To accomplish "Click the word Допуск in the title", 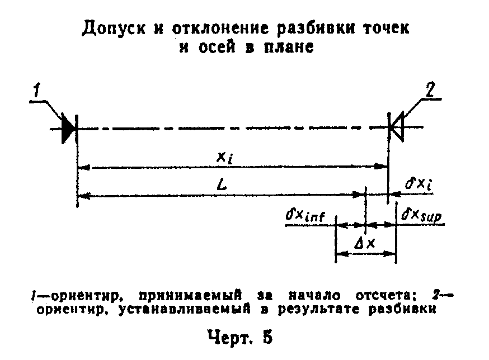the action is coord(114,29).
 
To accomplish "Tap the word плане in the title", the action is coord(289,48).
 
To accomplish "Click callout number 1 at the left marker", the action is coord(37,91).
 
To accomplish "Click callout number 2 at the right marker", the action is coord(430,90).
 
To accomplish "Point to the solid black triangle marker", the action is coord(68,128).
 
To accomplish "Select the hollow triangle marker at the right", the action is coord(397,127).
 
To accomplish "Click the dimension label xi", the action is coord(225,158).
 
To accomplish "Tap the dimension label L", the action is coord(222,184).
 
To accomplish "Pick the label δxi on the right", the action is coord(419,184).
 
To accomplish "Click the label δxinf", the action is coord(305,215).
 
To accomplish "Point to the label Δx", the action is coord(365,243).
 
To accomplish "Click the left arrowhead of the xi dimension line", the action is coord(83,167).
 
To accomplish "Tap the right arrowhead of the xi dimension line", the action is coord(381,167).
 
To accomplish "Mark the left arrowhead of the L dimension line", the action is coord(83,196).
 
